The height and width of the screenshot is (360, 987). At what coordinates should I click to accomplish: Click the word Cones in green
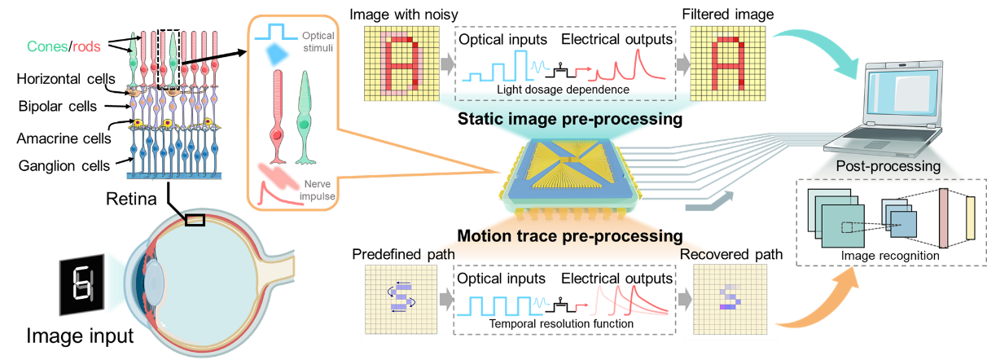pos(46,46)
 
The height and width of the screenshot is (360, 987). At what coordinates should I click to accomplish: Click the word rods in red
pos(86,46)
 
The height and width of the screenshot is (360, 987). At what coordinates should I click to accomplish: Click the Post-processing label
pos(888,166)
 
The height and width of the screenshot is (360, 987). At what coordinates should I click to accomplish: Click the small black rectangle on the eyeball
pos(195,219)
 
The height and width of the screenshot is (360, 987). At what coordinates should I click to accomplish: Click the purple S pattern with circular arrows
pos(399,297)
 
